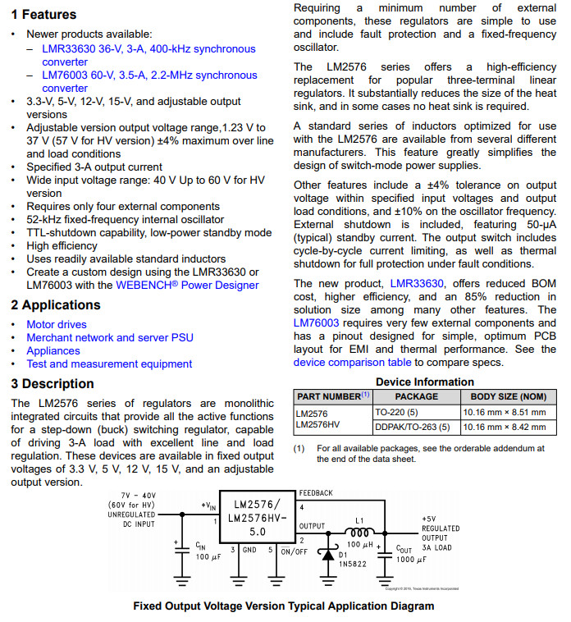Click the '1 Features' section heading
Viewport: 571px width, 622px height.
(43, 14)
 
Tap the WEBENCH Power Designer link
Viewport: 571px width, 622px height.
(187, 286)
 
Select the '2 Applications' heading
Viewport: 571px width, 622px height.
(56, 305)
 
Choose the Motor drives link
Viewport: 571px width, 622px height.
(57, 325)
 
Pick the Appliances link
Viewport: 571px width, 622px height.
(53, 351)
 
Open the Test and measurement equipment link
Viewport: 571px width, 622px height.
(109, 364)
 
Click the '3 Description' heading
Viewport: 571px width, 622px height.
(53, 384)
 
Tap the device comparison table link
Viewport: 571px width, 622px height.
(352, 363)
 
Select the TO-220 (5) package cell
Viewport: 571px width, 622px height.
(395, 413)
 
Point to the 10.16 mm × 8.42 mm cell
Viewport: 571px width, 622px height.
(505, 427)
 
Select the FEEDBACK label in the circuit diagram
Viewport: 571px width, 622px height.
(316, 493)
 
